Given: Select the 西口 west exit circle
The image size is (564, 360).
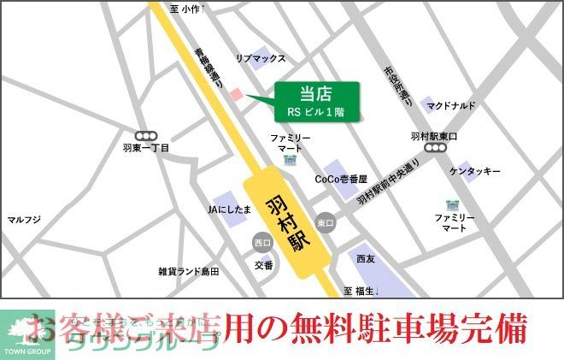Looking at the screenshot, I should (x=262, y=243).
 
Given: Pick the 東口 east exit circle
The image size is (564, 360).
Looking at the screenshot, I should (x=324, y=222).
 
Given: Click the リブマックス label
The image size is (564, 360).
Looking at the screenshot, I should (x=261, y=58).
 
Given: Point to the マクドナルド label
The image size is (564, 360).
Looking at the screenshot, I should (x=452, y=106).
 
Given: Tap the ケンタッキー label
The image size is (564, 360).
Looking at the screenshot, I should (x=474, y=172).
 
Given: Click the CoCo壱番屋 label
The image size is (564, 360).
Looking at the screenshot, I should (x=340, y=180).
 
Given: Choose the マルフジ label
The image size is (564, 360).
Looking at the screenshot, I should (x=24, y=220).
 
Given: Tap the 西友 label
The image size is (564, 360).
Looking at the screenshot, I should (x=366, y=258).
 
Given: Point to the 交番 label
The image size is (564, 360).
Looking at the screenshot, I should (x=263, y=266).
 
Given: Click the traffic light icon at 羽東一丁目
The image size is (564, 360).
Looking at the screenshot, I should (x=146, y=134).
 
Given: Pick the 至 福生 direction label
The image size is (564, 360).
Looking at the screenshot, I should (x=361, y=291).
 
